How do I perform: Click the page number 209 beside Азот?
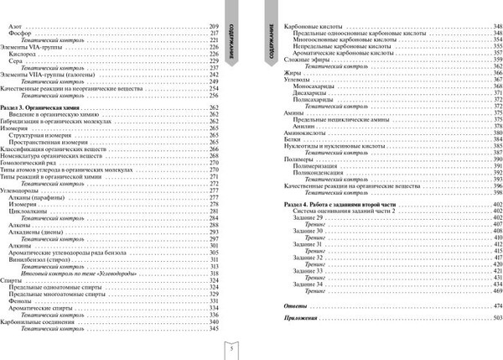point(212,28)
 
